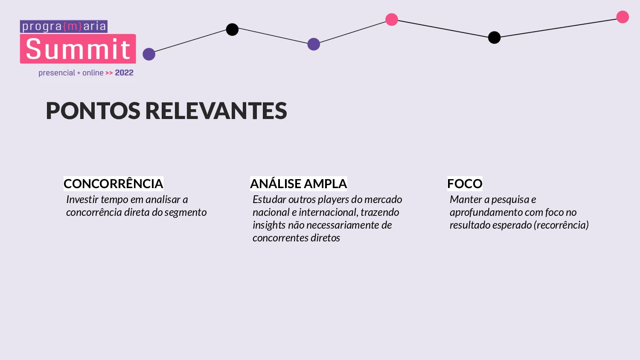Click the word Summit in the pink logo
point(78,49)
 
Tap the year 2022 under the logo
point(124,73)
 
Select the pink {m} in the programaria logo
point(72,26)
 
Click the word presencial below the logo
point(57,73)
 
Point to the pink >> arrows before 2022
point(109,73)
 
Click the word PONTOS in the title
point(93,111)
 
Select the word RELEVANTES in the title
point(216,111)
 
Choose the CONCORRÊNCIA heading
point(113,184)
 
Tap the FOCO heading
point(465,184)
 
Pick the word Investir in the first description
point(82,200)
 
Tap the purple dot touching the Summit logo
point(149,54)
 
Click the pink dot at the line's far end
point(623,17)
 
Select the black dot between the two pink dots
point(494,38)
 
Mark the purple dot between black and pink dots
point(314,44)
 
